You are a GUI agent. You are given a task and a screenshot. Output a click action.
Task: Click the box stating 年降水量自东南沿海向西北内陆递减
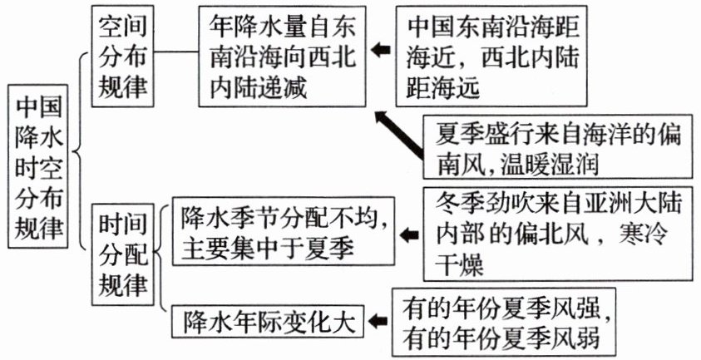point(280,56)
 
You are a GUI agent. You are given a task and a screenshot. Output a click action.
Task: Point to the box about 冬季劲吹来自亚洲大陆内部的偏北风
point(556,234)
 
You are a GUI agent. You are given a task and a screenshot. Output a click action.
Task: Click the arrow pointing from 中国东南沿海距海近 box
point(380,52)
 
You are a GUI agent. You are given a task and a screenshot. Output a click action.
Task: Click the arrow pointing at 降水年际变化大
point(379,320)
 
